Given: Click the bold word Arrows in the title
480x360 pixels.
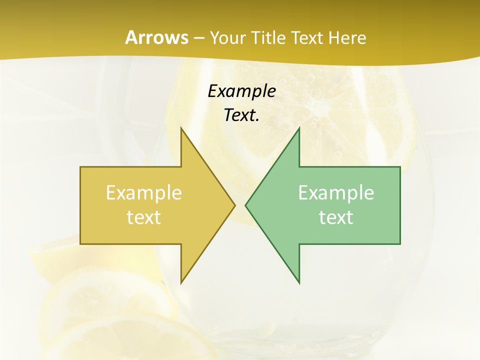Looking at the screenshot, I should coord(156,37).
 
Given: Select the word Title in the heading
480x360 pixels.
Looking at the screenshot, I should coord(268,37).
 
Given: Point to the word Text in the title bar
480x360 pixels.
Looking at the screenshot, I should coord(307,37).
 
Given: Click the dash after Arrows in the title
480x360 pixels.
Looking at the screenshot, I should coord(199,38).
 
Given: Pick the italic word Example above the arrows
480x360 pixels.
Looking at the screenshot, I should coord(241,91).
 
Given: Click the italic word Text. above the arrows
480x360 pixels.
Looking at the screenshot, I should coord(241,114).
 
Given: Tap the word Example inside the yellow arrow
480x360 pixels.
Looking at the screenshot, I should coord(143,192).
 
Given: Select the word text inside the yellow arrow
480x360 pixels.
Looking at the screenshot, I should coord(143,217).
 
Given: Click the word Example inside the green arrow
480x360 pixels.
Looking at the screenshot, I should coord(336,192).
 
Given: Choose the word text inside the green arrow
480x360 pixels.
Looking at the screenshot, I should coord(336,217).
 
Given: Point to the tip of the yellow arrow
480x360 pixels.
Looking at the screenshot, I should coord(234,205).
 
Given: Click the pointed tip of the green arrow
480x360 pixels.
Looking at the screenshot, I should coord(245,205).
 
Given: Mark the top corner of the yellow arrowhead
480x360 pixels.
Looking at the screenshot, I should coord(181,128).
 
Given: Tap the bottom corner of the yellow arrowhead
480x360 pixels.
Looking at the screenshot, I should coord(181,283).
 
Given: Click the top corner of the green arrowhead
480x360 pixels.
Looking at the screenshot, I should coord(299,128).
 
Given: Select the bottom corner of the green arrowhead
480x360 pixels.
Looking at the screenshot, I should coord(299,283).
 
